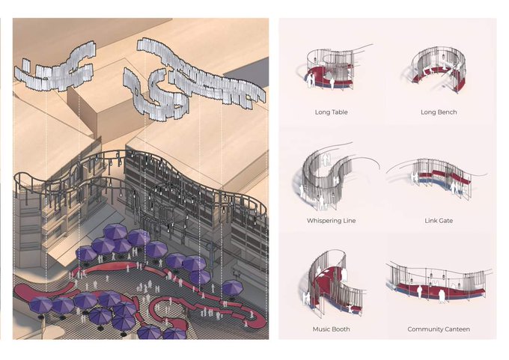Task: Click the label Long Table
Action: [331, 112]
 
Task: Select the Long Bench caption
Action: [439, 112]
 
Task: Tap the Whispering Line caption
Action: [331, 221]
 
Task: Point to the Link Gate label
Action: [439, 221]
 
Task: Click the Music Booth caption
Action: [331, 329]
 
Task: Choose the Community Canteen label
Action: [439, 329]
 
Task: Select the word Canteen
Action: [457, 329]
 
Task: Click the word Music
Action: [321, 329]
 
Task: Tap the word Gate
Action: [445, 221]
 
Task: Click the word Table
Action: [338, 112]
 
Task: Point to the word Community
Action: [424, 329]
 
